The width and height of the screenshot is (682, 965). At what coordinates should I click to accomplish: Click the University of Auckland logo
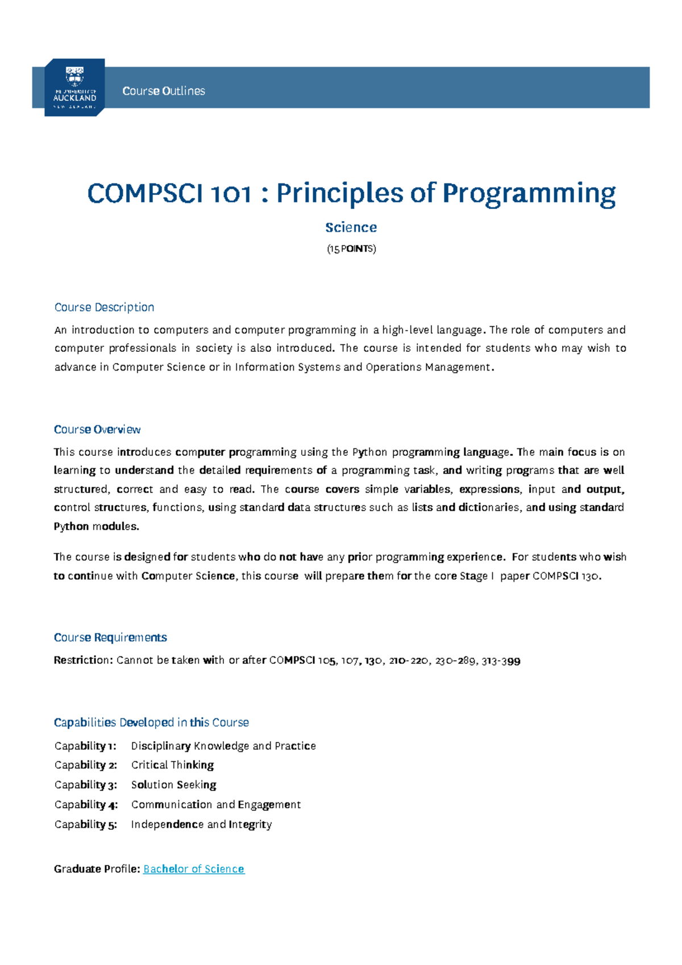pyautogui.click(x=74, y=88)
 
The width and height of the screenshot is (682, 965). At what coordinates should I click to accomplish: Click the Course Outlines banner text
pyautogui.click(x=164, y=91)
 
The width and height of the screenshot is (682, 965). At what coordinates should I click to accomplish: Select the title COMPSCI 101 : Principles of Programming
pyautogui.click(x=351, y=193)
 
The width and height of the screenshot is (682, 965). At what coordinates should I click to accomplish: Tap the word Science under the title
pyautogui.click(x=351, y=227)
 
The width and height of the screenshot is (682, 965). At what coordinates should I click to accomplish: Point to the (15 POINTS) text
pyautogui.click(x=351, y=249)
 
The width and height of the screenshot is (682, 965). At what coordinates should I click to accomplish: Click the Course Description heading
pyautogui.click(x=104, y=307)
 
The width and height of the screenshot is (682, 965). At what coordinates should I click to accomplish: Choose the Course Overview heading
pyautogui.click(x=97, y=430)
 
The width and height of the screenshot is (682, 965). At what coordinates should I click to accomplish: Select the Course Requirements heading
pyautogui.click(x=110, y=638)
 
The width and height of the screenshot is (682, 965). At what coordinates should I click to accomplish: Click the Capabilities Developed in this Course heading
pyautogui.click(x=151, y=722)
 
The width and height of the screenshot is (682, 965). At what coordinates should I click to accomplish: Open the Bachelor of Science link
pyautogui.click(x=194, y=869)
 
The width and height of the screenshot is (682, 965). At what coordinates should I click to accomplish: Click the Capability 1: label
pyautogui.click(x=85, y=746)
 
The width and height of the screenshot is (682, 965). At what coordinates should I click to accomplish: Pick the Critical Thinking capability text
pyautogui.click(x=172, y=765)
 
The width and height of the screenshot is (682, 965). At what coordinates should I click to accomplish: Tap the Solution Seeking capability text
pyautogui.click(x=173, y=785)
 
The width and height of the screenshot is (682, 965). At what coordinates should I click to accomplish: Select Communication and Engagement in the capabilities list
pyautogui.click(x=216, y=805)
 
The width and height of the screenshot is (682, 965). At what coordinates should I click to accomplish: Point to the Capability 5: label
pyautogui.click(x=85, y=825)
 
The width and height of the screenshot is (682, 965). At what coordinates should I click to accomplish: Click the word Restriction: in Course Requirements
pyautogui.click(x=83, y=660)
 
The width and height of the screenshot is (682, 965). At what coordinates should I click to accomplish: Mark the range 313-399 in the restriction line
pyautogui.click(x=501, y=661)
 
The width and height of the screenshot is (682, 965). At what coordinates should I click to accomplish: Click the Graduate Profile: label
pyautogui.click(x=97, y=869)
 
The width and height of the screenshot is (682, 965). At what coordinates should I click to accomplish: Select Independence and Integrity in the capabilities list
pyautogui.click(x=201, y=825)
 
